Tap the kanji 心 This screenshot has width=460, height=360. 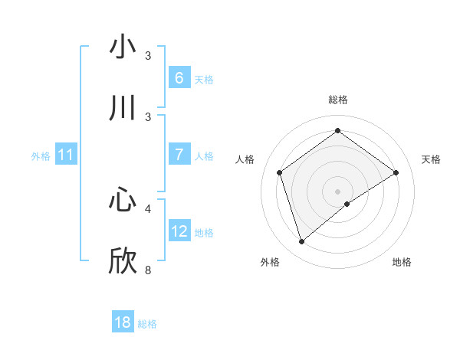click(x=123, y=198)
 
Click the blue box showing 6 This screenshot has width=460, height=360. click(x=179, y=77)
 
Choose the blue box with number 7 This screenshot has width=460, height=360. click(x=179, y=154)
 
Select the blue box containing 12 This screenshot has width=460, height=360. click(x=179, y=231)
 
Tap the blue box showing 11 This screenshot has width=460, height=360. click(x=65, y=155)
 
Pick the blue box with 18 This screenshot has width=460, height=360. click(x=123, y=322)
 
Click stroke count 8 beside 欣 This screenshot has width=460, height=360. click(x=148, y=270)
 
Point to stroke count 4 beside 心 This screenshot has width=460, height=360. click(x=148, y=208)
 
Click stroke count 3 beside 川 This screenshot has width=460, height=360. click(x=148, y=116)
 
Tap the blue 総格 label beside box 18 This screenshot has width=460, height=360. click(x=147, y=324)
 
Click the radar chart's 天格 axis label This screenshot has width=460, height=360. click(x=431, y=159)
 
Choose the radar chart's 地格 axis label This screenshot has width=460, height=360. click(x=402, y=262)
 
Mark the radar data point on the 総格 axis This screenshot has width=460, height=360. click(x=337, y=131)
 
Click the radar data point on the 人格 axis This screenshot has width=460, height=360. click(x=280, y=172)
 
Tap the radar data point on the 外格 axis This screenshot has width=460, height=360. click(x=301, y=242)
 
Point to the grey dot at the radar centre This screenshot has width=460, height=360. click(x=337, y=191)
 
